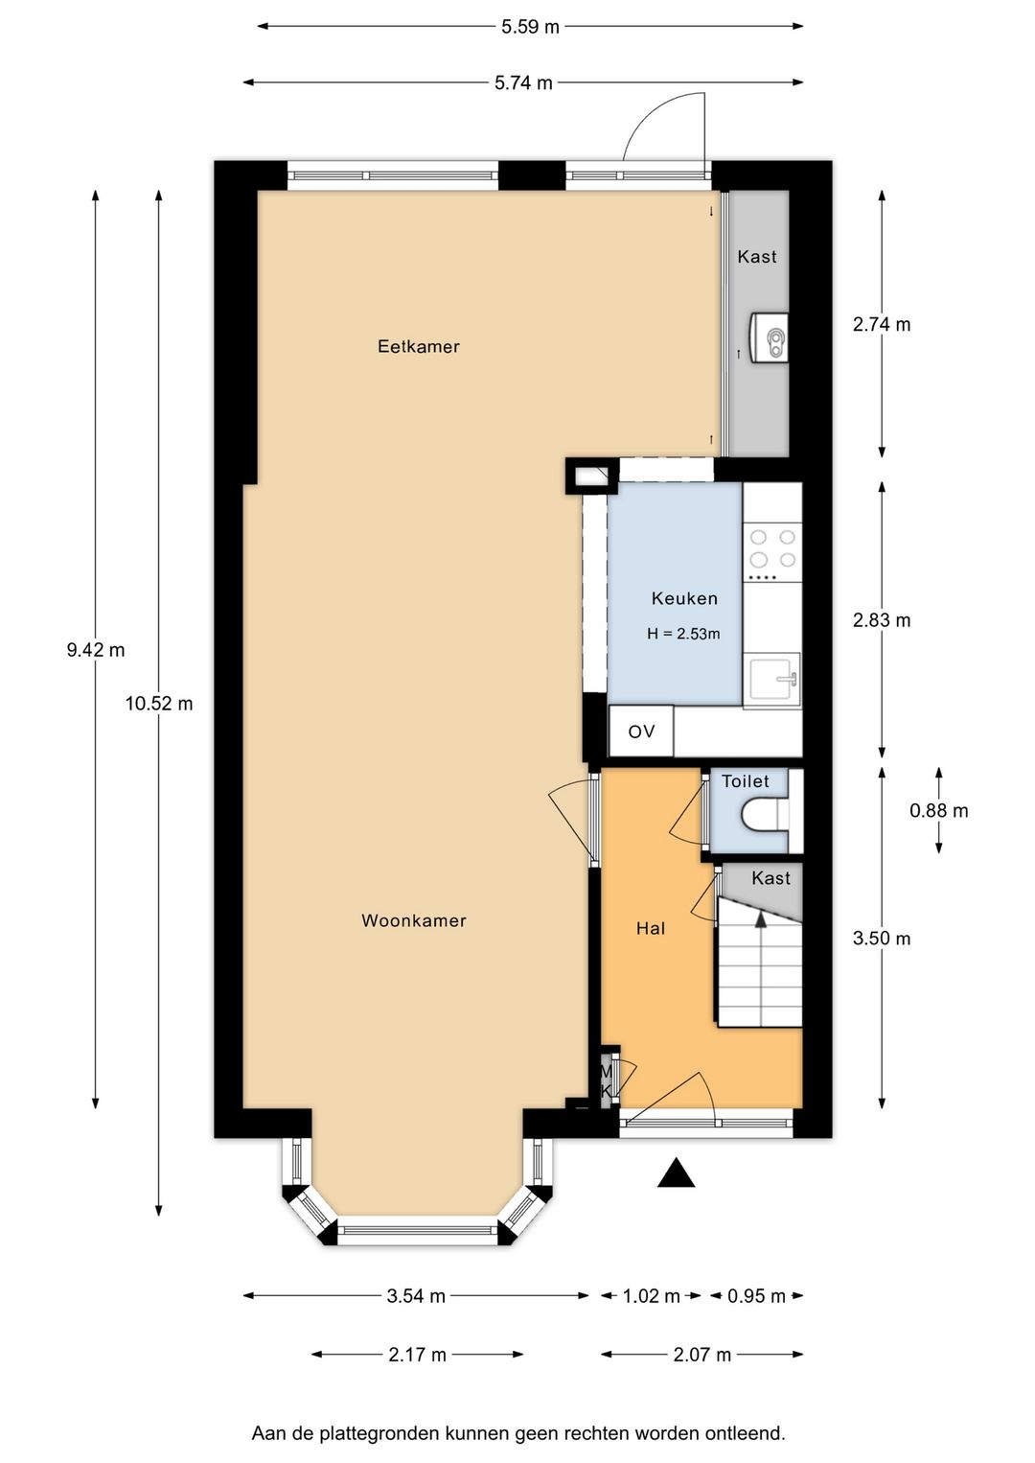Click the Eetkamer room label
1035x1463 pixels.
(x=419, y=346)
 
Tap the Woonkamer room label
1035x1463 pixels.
(x=414, y=920)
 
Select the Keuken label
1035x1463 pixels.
(x=684, y=598)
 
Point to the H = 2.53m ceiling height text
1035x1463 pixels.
(x=683, y=634)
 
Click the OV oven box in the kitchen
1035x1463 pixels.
(x=641, y=731)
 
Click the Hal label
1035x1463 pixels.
(x=651, y=928)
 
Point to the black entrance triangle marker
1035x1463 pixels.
(x=676, y=1172)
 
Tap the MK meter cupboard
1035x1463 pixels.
(x=608, y=1080)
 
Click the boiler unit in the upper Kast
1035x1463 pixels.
(x=769, y=337)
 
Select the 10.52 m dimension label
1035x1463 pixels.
(x=159, y=704)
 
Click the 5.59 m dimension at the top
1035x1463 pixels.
(x=530, y=27)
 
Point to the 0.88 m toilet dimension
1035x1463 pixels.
(x=939, y=810)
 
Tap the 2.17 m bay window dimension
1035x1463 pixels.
(x=417, y=1355)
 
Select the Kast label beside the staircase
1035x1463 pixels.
(x=771, y=878)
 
